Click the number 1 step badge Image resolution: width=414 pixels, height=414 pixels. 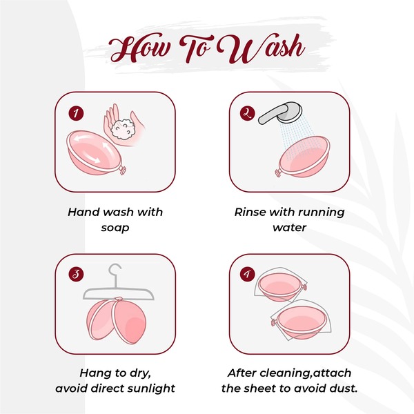coord(76,114)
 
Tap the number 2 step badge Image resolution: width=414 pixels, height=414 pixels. coord(248,114)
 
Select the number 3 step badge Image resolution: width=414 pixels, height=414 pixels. coord(76,275)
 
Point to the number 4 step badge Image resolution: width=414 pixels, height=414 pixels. coord(248,275)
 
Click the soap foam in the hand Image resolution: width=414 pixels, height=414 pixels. coord(123,130)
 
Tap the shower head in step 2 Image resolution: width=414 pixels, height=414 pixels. coord(280,113)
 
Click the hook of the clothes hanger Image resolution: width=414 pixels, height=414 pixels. coord(115,272)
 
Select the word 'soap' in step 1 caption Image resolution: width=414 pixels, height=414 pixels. coord(115,228)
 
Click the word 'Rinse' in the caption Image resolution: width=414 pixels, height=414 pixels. coord(250,212)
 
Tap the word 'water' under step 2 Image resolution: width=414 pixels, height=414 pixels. coord(290,228)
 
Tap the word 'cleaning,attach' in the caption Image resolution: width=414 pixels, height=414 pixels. coord(303,373)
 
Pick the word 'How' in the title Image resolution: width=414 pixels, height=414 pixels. coord(139,48)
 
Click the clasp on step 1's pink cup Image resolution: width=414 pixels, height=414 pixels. coord(122,169)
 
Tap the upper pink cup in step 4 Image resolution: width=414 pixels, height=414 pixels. coord(281,286)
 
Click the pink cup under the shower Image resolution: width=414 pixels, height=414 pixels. coord(303,157)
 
